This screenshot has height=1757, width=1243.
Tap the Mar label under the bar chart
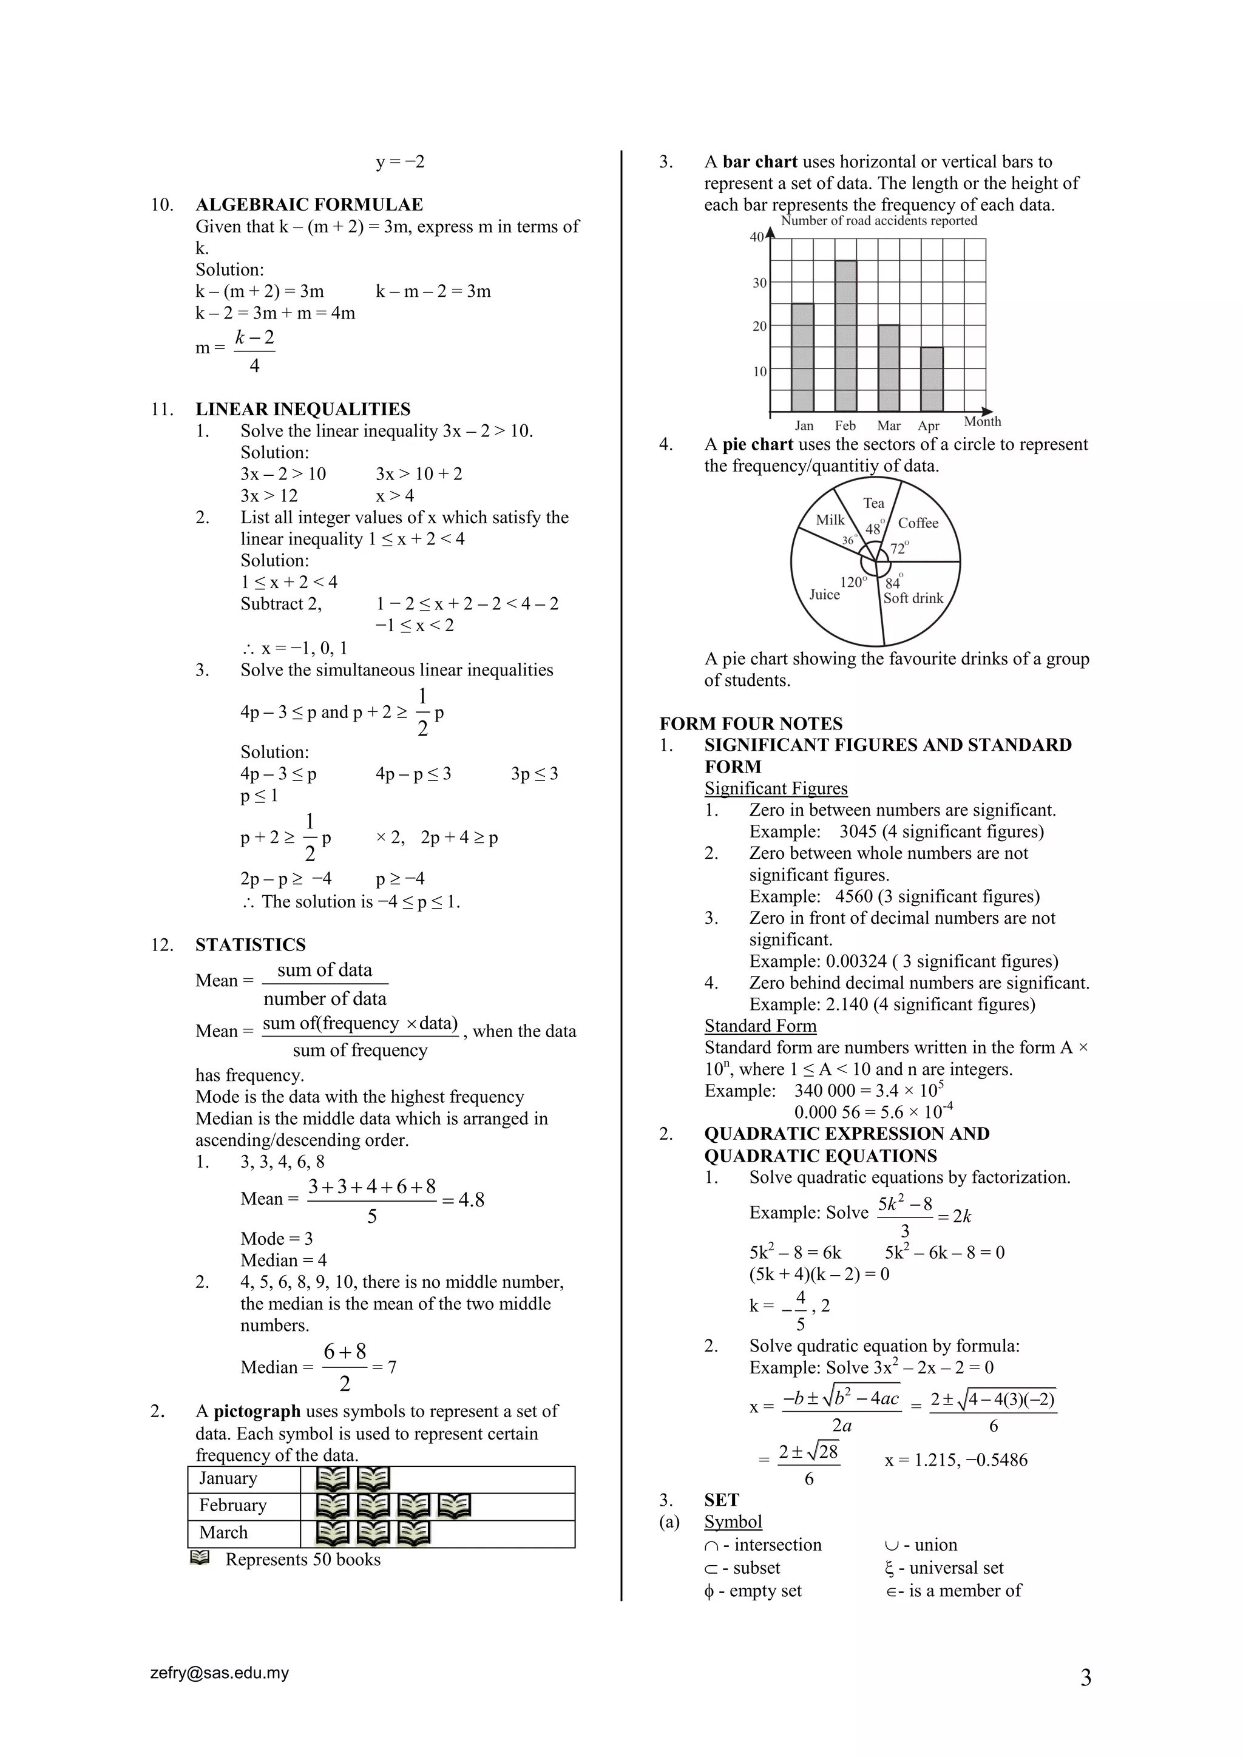tap(888, 426)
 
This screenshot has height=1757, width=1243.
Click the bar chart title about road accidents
tap(879, 221)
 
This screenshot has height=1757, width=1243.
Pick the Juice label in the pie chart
tap(824, 595)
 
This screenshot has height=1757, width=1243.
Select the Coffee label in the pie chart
tap(918, 523)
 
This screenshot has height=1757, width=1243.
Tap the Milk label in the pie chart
tap(830, 520)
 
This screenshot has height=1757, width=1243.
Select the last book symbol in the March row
tap(413, 1534)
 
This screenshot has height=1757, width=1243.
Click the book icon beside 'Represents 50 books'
tap(200, 1558)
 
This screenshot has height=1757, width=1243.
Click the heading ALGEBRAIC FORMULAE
tap(308, 205)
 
